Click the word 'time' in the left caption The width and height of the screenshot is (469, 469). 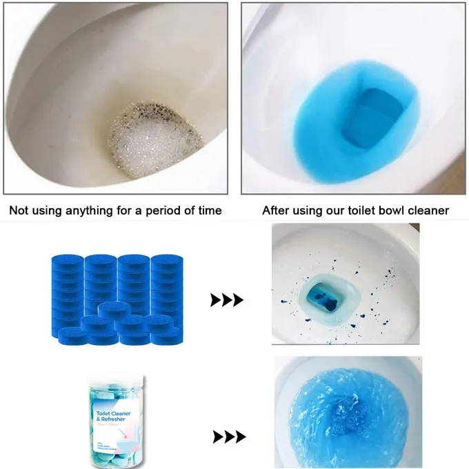[208, 210]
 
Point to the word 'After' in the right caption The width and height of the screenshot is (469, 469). [276, 210]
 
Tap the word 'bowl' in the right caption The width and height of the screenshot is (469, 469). [401, 210]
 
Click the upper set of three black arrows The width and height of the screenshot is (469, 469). [227, 300]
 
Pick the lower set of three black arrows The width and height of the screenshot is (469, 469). [230, 437]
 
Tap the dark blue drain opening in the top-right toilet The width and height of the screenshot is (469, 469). [376, 110]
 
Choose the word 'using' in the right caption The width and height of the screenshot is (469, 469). [308, 210]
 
